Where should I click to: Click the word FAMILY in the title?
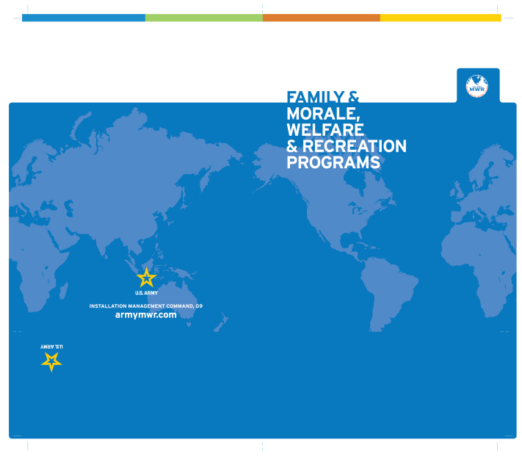click(315, 97)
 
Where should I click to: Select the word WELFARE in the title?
click(325, 130)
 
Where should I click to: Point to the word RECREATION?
click(354, 146)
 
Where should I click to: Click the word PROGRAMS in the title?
click(333, 162)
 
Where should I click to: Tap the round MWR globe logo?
click(476, 86)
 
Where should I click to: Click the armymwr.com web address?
click(146, 315)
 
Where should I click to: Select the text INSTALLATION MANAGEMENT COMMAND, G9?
click(146, 305)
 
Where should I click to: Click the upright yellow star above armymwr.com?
click(147, 278)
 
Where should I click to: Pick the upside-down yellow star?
click(51, 361)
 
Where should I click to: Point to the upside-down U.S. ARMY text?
click(52, 347)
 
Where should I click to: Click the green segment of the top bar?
click(204, 18)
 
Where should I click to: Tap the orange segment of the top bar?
click(322, 18)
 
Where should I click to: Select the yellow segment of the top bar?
click(441, 18)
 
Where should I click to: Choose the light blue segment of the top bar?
click(84, 18)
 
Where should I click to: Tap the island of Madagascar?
click(64, 291)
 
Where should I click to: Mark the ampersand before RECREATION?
click(292, 146)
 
